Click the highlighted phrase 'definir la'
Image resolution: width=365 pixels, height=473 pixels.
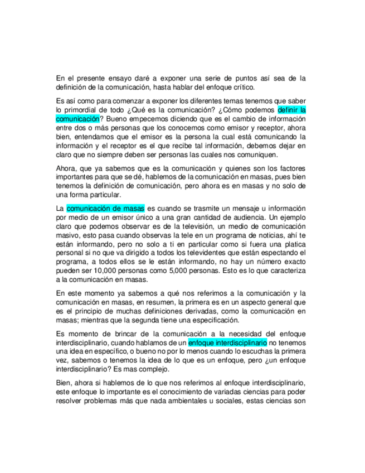[291, 110]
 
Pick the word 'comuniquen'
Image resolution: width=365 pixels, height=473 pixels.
[254, 155]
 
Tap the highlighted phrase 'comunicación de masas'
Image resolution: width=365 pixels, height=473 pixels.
[105, 209]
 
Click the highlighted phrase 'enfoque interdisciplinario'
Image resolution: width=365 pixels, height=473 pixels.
[227, 342]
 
